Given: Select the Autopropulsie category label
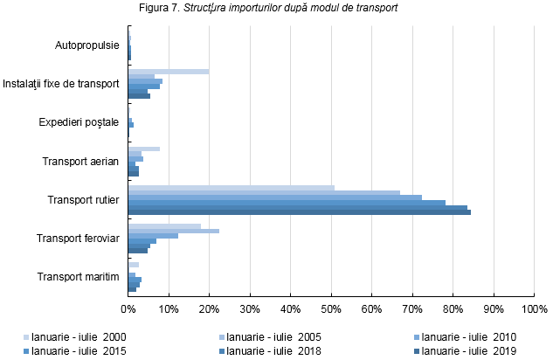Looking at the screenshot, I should [x=86, y=45].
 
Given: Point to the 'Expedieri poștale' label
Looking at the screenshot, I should [x=79, y=122].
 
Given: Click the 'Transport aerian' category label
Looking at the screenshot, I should [x=81, y=161].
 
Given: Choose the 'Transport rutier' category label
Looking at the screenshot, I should [x=83, y=200].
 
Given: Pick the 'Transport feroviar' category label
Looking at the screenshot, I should [x=78, y=239].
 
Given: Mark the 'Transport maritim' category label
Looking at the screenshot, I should [x=79, y=277].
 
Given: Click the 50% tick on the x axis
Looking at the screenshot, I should [x=331, y=308].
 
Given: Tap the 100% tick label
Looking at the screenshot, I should [x=534, y=308].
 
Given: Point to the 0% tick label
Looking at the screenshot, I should [x=128, y=308].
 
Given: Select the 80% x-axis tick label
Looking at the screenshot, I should [x=453, y=308].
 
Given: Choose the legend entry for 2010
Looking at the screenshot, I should [x=469, y=336].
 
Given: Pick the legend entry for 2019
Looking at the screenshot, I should [x=469, y=351].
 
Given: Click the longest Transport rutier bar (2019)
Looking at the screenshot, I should [x=299, y=211].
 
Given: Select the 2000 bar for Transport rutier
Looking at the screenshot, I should [x=231, y=187].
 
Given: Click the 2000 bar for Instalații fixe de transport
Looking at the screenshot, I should [x=169, y=72].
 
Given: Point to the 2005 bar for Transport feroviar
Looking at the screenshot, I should [x=173, y=231].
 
